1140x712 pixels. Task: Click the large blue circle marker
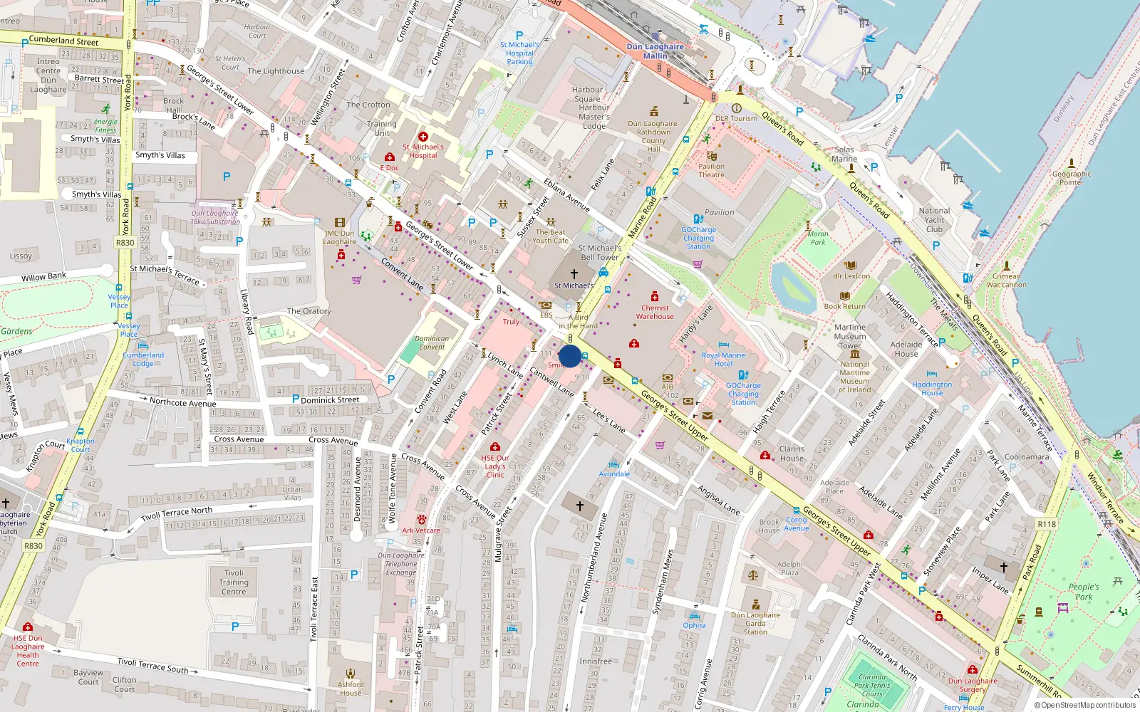pos(570,356)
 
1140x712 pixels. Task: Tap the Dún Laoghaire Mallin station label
pos(655,51)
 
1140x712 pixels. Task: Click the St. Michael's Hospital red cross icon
pos(423,136)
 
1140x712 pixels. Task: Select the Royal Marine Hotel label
pos(723,360)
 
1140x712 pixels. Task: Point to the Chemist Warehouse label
pos(655,312)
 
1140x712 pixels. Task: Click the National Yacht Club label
pos(934,220)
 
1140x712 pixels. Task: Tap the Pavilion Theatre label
pos(711,170)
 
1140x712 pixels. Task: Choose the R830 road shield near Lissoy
pos(125,243)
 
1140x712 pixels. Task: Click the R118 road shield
pos(1047,524)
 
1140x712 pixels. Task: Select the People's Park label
pos(1084,592)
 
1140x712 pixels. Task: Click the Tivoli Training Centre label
pos(234,582)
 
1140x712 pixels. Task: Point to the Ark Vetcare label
pos(421,530)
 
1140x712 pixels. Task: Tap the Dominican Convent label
pos(432,343)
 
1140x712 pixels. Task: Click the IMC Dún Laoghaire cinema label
pos(340,237)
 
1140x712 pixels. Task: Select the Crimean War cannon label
pos(1006,281)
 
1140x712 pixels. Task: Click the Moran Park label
pos(818,238)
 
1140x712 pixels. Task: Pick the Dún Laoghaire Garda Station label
pos(755,623)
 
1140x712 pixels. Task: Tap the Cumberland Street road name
pos(63,41)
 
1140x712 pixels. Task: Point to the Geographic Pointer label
pos(1071,178)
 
